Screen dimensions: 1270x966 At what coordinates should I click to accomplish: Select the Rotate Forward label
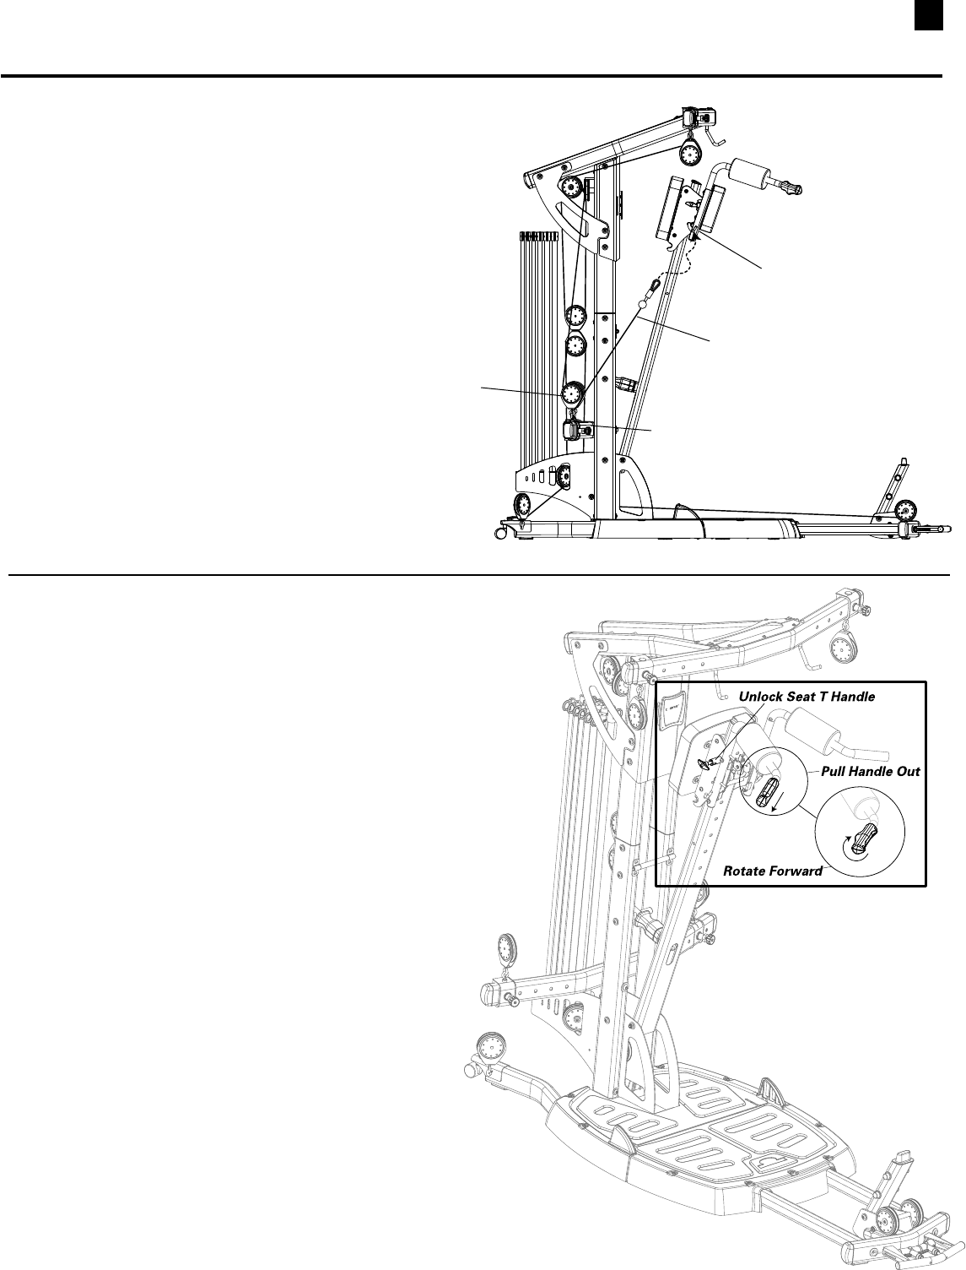773,871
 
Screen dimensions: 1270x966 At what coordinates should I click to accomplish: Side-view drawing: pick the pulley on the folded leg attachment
906,509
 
